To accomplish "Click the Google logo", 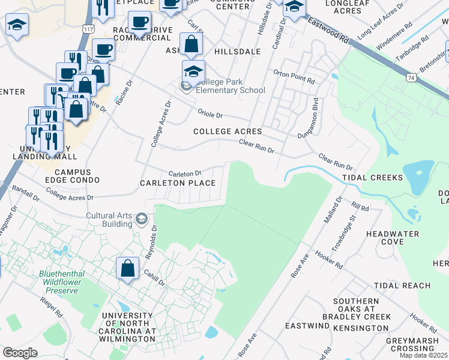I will (20, 353).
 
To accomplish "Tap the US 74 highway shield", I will (411, 77).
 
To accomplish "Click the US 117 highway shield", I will (88, 28).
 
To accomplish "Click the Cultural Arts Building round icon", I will (141, 219).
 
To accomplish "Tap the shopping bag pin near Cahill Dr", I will (128, 268).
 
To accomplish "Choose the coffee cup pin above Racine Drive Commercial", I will (140, 23).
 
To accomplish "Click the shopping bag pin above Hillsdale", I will (191, 44).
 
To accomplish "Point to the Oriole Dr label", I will (211, 115).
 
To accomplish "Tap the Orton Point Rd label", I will (294, 79).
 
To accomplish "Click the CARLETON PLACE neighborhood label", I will (178, 182).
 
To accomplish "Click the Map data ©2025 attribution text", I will (424, 355).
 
